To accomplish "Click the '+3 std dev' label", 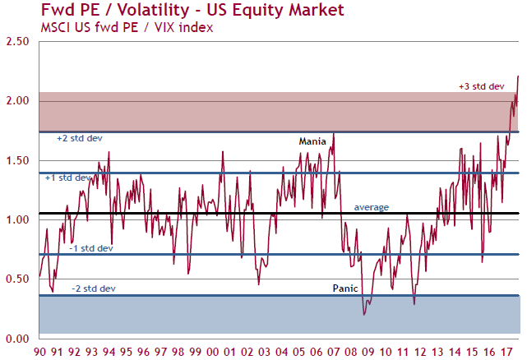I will (x=480, y=86).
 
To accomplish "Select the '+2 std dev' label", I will (x=79, y=138).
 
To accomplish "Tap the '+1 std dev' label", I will (x=68, y=178).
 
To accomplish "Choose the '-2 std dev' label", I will (x=92, y=288).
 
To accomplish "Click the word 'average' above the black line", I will (x=371, y=207).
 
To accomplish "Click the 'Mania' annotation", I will (x=312, y=141).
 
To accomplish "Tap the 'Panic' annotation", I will (x=345, y=288).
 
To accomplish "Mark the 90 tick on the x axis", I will (x=39, y=352).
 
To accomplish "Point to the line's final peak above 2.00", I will (x=519, y=76).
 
